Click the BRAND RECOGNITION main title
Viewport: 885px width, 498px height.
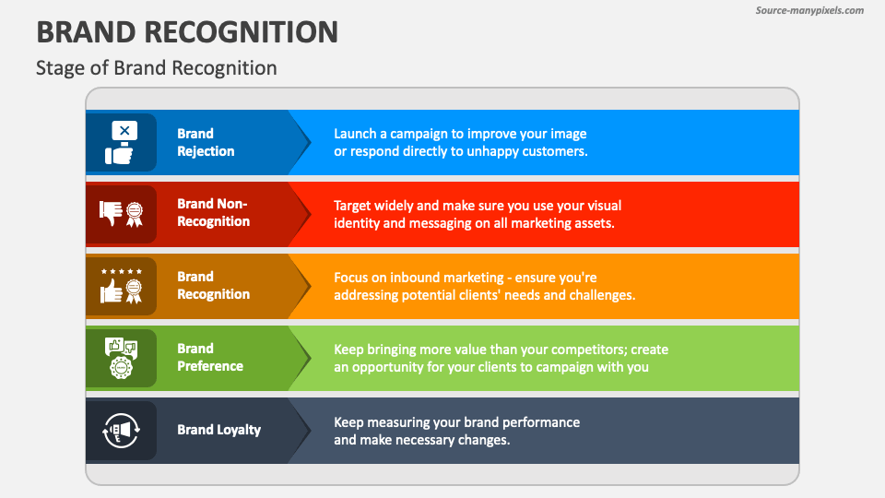coord(187,31)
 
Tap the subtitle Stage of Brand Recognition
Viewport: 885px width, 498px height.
coord(156,68)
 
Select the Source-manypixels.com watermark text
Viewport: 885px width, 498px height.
coord(809,10)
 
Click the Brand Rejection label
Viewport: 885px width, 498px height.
coord(206,142)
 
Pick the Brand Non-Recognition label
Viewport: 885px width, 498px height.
coord(213,213)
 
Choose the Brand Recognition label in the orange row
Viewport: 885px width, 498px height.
coord(213,285)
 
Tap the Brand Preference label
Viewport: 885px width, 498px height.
coord(210,357)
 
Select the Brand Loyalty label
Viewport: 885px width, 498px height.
coord(218,429)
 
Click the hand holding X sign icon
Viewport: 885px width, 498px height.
coord(122,142)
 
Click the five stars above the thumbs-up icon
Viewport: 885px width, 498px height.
coord(122,272)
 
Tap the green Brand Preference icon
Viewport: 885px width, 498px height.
coord(122,357)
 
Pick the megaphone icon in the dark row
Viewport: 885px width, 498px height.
coord(122,430)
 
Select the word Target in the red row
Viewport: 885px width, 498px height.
coord(355,205)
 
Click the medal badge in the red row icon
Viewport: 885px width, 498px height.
coord(135,213)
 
